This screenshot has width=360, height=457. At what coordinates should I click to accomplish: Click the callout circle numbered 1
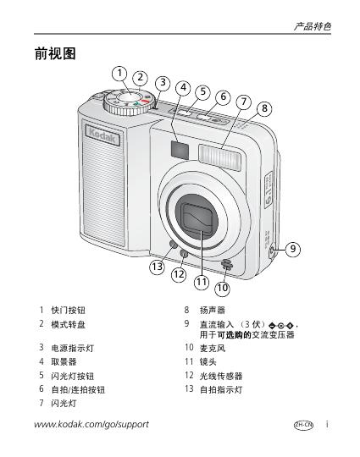pyautogui.click(x=119, y=74)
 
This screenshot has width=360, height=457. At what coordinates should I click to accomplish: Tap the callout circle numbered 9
pyautogui.click(x=292, y=249)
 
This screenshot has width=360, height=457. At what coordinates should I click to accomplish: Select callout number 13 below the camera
pyautogui.click(x=158, y=267)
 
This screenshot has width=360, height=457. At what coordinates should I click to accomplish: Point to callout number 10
pyautogui.click(x=222, y=288)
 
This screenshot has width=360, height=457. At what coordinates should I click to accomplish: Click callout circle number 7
pyautogui.click(x=244, y=102)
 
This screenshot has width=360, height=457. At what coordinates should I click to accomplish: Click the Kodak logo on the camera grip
pyautogui.click(x=102, y=135)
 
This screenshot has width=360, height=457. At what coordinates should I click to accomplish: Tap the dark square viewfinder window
pyautogui.click(x=180, y=150)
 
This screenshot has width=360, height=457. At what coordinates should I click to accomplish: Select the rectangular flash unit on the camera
pyautogui.click(x=219, y=157)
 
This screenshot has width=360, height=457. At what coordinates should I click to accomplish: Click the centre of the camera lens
pyautogui.click(x=197, y=217)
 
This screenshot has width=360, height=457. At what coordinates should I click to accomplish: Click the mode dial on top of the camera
pyautogui.click(x=130, y=102)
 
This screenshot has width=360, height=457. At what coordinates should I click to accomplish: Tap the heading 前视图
pyautogui.click(x=55, y=53)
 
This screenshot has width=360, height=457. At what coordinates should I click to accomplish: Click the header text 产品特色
pyautogui.click(x=313, y=26)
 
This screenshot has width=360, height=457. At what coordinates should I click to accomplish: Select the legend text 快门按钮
pyautogui.click(x=69, y=310)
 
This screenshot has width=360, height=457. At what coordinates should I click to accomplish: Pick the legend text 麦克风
pyautogui.click(x=213, y=348)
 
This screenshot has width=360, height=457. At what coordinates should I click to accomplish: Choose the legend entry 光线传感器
pyautogui.click(x=221, y=376)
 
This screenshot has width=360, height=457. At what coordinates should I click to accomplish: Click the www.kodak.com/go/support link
pyautogui.click(x=91, y=424)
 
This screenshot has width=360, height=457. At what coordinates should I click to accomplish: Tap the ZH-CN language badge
pyautogui.click(x=303, y=425)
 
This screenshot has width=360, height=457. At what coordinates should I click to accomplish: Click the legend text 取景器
pyautogui.click(x=64, y=361)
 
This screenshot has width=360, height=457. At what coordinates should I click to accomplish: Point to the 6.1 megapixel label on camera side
pyautogui.click(x=269, y=190)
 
